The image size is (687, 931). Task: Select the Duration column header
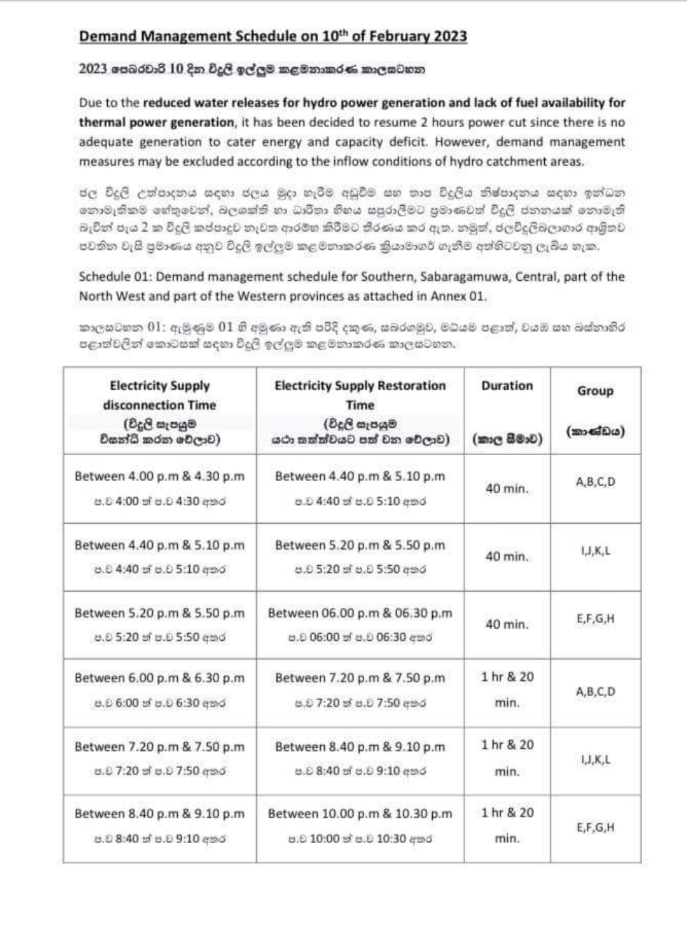point(506,386)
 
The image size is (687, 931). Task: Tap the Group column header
point(595,391)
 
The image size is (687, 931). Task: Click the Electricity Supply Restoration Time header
point(360,394)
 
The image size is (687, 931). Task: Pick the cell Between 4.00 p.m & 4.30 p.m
point(159,477)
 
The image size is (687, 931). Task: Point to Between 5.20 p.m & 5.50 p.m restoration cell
point(360,545)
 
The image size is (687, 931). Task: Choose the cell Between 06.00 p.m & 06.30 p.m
point(360,613)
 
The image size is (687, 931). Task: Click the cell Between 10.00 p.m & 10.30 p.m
point(360,813)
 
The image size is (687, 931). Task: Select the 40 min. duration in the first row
point(507,489)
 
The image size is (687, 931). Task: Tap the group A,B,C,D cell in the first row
point(595,482)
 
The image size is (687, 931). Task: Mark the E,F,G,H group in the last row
point(595,827)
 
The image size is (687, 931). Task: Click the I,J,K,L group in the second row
point(595,551)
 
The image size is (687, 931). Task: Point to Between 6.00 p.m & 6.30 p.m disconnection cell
point(159,678)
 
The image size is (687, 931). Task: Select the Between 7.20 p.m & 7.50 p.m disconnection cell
point(159,747)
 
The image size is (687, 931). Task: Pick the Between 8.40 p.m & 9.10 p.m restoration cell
point(360,747)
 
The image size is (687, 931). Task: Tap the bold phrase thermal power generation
point(156,122)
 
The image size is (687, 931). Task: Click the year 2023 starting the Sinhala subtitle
point(93,69)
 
